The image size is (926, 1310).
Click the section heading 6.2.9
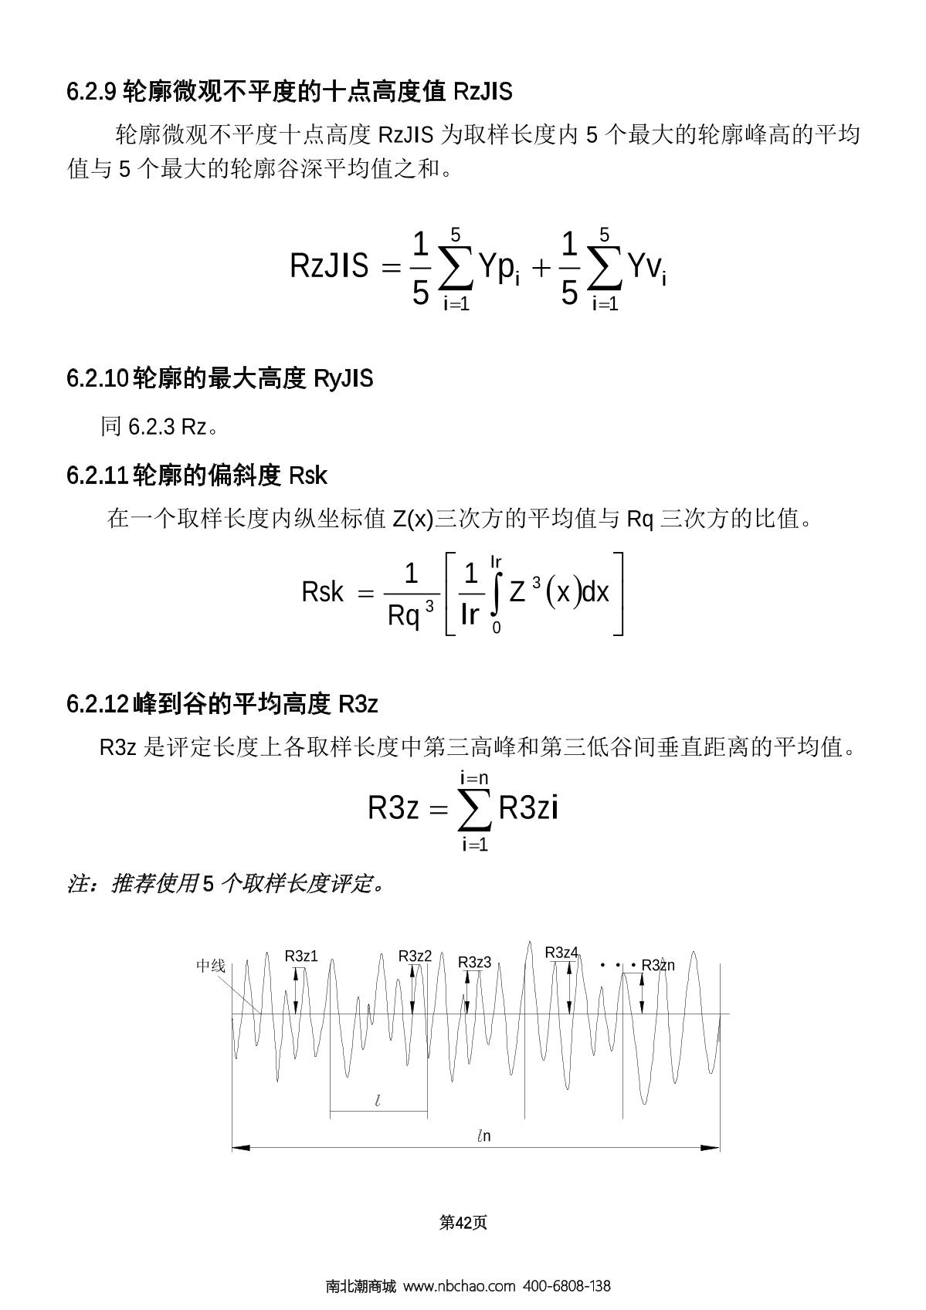click(289, 92)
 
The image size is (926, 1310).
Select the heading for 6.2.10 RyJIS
click(219, 379)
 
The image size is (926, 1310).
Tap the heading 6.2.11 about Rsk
click(197, 476)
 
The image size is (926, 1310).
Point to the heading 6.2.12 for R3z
click(222, 704)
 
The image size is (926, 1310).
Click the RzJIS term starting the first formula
click(329, 266)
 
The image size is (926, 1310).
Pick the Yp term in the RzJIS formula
click(497, 269)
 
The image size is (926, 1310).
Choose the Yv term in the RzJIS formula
click(646, 269)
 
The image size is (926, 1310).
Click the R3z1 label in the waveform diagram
click(301, 956)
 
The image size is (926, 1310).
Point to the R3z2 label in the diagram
click(415, 956)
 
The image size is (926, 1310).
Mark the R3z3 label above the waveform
click(474, 963)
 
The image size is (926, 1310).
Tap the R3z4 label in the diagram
click(561, 953)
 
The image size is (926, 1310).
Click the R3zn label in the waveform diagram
click(658, 965)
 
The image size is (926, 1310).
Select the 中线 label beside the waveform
click(210, 966)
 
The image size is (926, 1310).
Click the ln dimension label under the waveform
click(483, 1136)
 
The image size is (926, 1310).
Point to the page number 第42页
click(463, 1222)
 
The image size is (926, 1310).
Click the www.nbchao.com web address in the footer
click(459, 1286)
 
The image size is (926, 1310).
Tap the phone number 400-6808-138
click(567, 1286)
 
